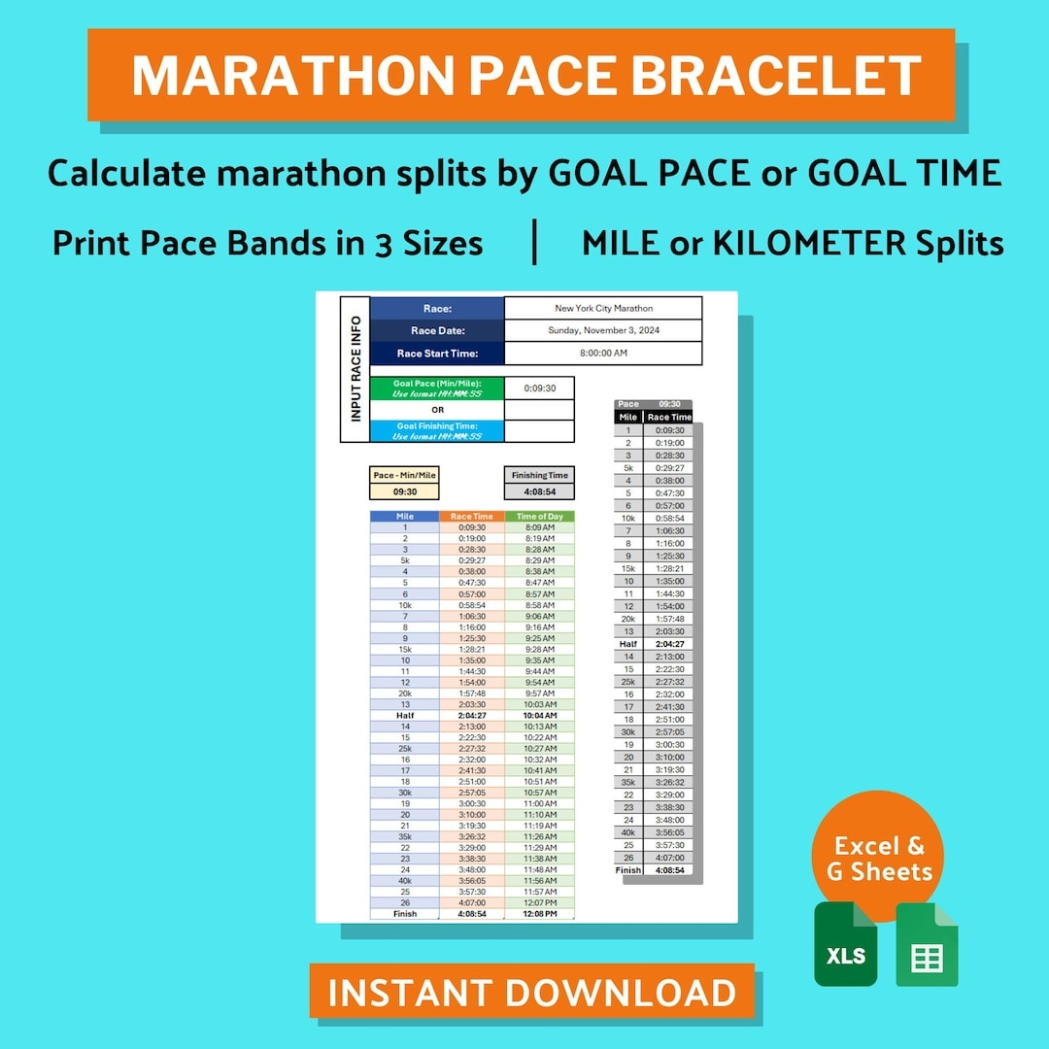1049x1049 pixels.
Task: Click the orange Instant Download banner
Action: [x=531, y=992]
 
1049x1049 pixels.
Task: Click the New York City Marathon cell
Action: [x=603, y=309]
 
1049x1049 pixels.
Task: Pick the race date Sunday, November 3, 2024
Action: [x=603, y=331]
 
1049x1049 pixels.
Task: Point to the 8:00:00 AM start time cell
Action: [x=603, y=354]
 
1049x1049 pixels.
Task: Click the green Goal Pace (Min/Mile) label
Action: [x=437, y=389]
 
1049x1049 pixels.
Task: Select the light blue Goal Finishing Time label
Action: [x=437, y=431]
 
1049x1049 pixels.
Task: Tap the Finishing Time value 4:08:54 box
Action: [x=539, y=492]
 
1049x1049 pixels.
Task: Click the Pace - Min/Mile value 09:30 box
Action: [x=405, y=492]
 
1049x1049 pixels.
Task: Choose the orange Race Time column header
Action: [x=472, y=517]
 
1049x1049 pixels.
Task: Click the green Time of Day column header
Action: [x=539, y=517]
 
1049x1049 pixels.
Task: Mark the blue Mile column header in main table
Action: [x=405, y=517]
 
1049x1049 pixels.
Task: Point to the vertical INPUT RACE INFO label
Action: [x=355, y=368]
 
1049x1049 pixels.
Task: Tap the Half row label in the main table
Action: [x=405, y=715]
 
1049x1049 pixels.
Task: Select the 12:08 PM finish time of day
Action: [x=539, y=914]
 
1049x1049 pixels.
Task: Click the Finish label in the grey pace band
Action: [x=628, y=870]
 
